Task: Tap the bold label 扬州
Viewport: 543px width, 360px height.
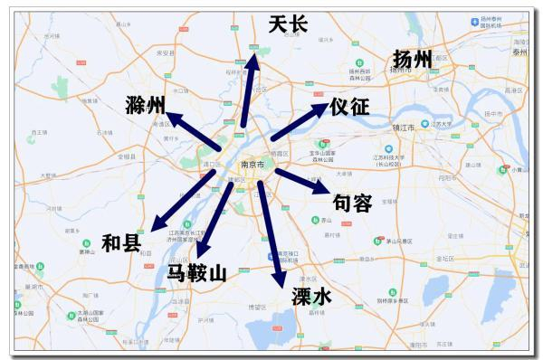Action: point(413,60)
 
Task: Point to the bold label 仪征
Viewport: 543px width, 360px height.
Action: point(349,107)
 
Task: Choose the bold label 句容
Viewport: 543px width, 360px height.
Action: point(353,204)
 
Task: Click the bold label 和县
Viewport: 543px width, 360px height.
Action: point(120,242)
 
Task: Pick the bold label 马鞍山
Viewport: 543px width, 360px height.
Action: point(196,270)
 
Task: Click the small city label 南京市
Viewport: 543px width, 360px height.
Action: point(252,165)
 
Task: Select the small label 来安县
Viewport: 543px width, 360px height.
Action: point(164,52)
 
